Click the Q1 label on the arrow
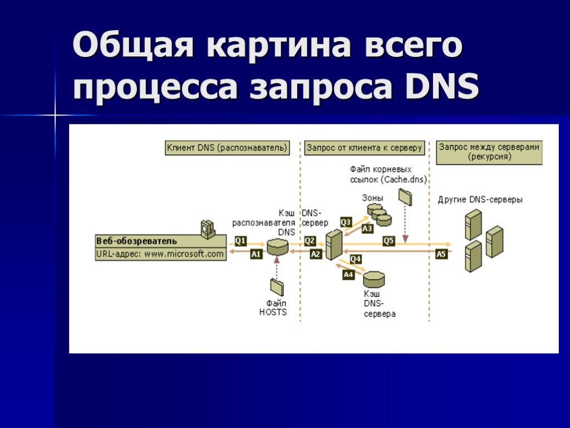click(240, 241)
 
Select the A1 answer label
click(256, 254)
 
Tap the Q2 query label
click(310, 241)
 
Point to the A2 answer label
click(316, 254)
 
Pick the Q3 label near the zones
click(346, 222)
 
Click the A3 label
click(367, 228)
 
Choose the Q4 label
click(356, 259)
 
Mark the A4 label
click(348, 274)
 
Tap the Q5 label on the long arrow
click(389, 241)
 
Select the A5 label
click(441, 254)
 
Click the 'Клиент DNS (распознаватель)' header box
click(228, 148)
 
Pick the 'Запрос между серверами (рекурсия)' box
click(489, 152)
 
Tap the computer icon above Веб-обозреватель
click(207, 228)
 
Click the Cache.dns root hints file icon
click(405, 196)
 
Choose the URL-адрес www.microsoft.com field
click(160, 254)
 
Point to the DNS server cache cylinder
click(374, 278)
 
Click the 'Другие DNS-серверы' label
click(480, 200)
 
